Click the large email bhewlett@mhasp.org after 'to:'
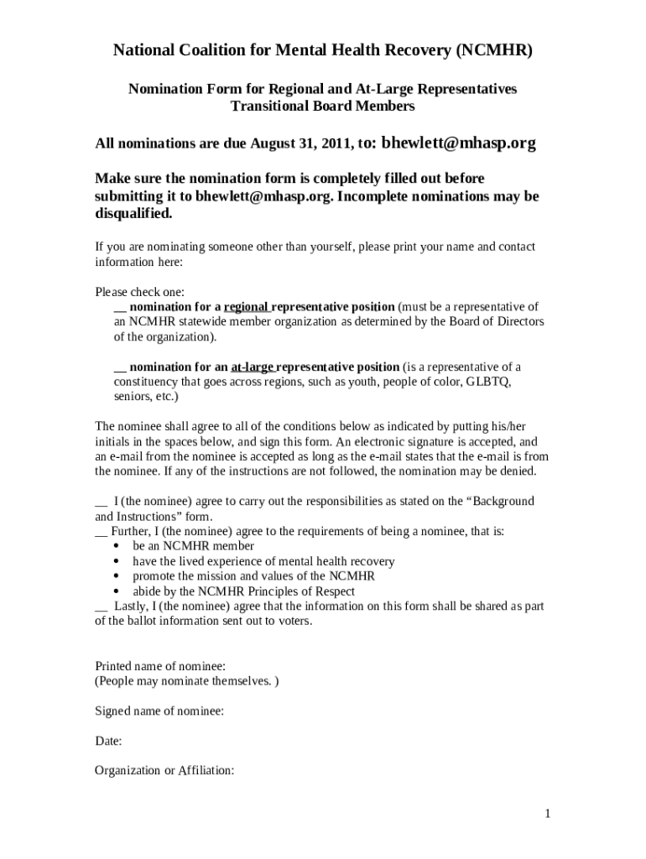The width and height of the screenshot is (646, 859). [458, 143]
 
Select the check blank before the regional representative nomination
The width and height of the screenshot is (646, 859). [120, 307]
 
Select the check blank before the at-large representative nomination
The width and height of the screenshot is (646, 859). [120, 367]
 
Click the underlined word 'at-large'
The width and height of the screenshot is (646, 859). [252, 367]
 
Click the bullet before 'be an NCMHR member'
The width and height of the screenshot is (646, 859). [115, 546]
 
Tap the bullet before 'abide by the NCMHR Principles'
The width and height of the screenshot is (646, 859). [115, 591]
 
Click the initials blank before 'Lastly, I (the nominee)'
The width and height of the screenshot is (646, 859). [102, 607]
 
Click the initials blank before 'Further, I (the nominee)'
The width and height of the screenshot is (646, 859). [102, 532]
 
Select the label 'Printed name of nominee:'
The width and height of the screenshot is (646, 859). [159, 666]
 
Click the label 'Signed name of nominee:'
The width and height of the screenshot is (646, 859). [159, 711]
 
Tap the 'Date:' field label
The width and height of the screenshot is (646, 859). [109, 742]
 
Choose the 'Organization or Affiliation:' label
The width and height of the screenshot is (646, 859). [164, 771]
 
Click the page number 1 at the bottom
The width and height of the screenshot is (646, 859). [547, 814]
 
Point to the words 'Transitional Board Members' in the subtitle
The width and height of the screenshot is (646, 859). [323, 107]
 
